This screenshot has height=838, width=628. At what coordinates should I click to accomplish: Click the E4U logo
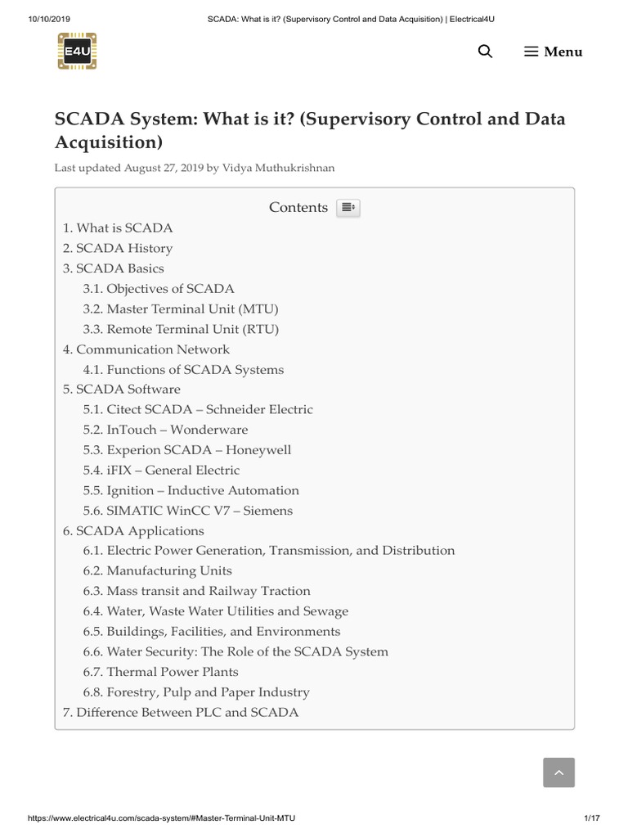click(x=78, y=51)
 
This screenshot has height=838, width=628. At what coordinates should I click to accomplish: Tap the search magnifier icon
click(x=485, y=52)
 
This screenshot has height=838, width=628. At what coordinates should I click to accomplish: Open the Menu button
click(x=554, y=52)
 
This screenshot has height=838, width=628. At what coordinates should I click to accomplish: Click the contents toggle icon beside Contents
click(x=348, y=208)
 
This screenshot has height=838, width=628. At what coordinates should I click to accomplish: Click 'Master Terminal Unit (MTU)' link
click(x=181, y=309)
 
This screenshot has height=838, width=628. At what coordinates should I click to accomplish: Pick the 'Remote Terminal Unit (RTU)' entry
click(x=181, y=329)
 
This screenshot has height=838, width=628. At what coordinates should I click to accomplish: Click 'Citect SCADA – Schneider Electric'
click(x=198, y=409)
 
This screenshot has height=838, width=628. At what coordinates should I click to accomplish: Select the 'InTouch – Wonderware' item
click(x=165, y=430)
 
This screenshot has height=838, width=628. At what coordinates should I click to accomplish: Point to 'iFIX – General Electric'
click(x=161, y=470)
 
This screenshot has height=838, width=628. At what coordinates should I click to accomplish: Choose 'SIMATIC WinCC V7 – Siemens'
click(x=187, y=511)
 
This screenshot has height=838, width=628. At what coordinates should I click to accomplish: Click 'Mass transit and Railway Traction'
click(x=196, y=591)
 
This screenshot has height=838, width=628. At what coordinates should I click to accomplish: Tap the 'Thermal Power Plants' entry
click(x=160, y=672)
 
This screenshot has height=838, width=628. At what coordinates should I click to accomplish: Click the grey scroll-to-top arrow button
click(x=558, y=773)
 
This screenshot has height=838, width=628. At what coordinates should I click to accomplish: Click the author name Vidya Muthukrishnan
click(x=278, y=168)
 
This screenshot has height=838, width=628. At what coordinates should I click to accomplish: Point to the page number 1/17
click(x=592, y=818)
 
